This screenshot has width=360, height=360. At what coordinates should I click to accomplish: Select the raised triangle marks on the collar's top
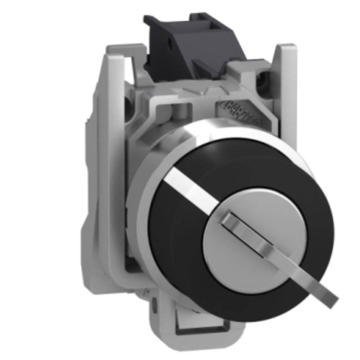(x=187, y=92)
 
